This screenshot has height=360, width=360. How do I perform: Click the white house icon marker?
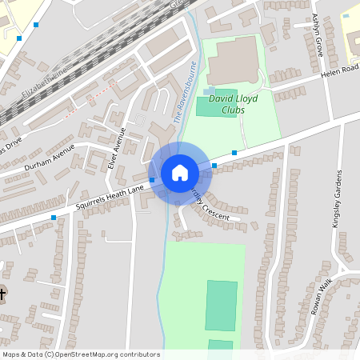click(x=180, y=172)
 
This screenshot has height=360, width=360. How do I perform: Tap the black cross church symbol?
click(x=2, y=294)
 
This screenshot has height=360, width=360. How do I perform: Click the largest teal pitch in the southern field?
click(x=221, y=306)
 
